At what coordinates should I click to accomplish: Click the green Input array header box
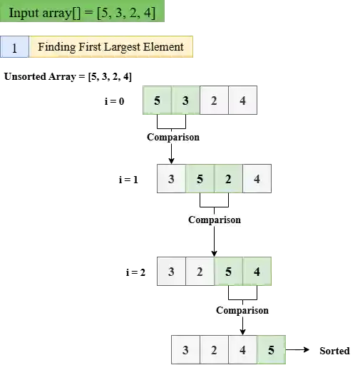pyautogui.click(x=82, y=12)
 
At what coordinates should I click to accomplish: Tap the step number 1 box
pyautogui.click(x=14, y=48)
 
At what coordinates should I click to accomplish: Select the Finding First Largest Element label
pyautogui.click(x=110, y=48)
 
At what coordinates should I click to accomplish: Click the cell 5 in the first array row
pyautogui.click(x=157, y=101)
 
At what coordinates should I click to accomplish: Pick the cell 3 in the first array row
pyautogui.click(x=185, y=101)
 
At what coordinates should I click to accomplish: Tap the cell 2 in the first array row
pyautogui.click(x=214, y=101)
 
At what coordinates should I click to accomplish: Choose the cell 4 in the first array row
pyautogui.click(x=243, y=101)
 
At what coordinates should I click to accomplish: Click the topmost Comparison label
pyautogui.click(x=173, y=137)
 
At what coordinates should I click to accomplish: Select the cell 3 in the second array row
pyautogui.click(x=171, y=179)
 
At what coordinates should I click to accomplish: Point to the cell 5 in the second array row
pyautogui.click(x=200, y=179)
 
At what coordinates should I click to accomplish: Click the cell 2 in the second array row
pyautogui.click(x=228, y=179)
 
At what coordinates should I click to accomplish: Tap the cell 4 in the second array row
pyautogui.click(x=257, y=179)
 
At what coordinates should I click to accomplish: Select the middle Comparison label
pyautogui.click(x=215, y=220)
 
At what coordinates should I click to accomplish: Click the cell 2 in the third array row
pyautogui.click(x=200, y=272)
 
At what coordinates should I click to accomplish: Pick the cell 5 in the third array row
pyautogui.click(x=228, y=272)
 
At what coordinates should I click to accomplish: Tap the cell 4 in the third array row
pyautogui.click(x=257, y=272)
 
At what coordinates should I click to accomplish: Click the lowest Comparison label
pyautogui.click(x=242, y=310)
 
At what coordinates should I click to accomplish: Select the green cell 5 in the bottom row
pyautogui.click(x=271, y=350)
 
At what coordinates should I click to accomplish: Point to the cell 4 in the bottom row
pyautogui.click(x=242, y=350)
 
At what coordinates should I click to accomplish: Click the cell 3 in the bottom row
pyautogui.click(x=185, y=350)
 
